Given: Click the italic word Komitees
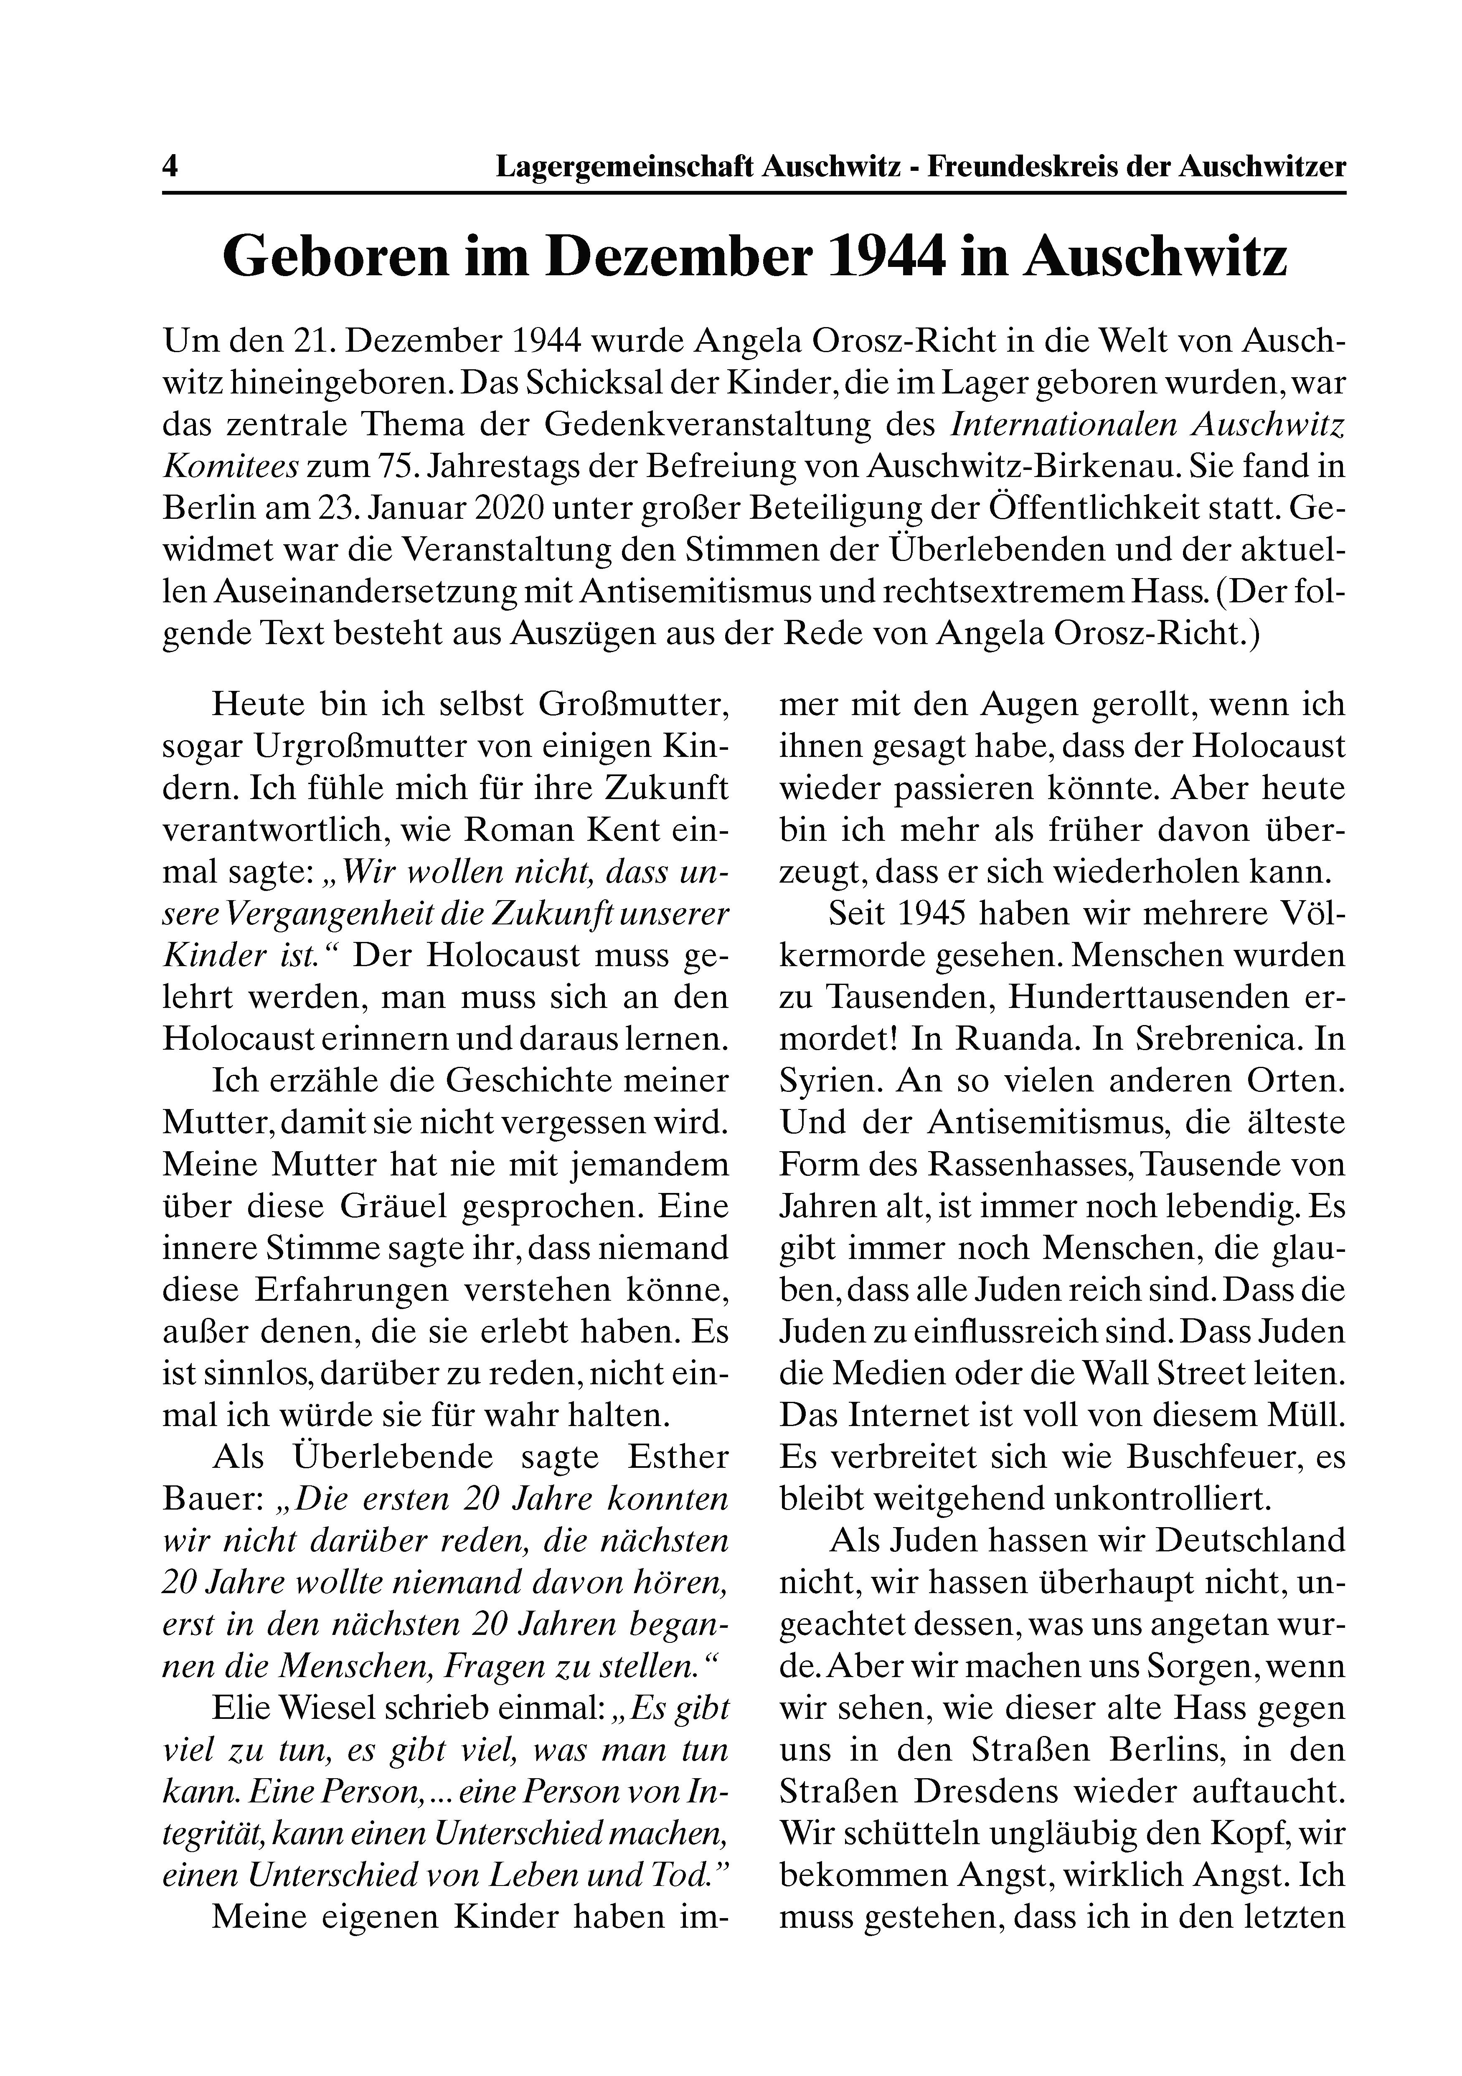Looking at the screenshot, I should (231, 467).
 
